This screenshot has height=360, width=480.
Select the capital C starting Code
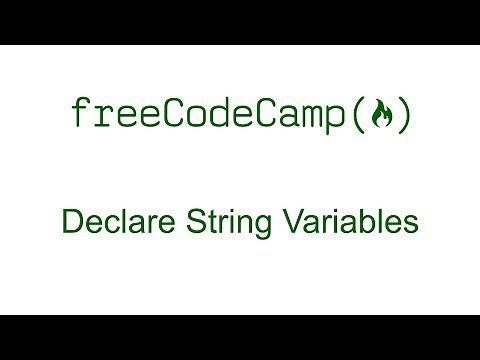tap(179, 115)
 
